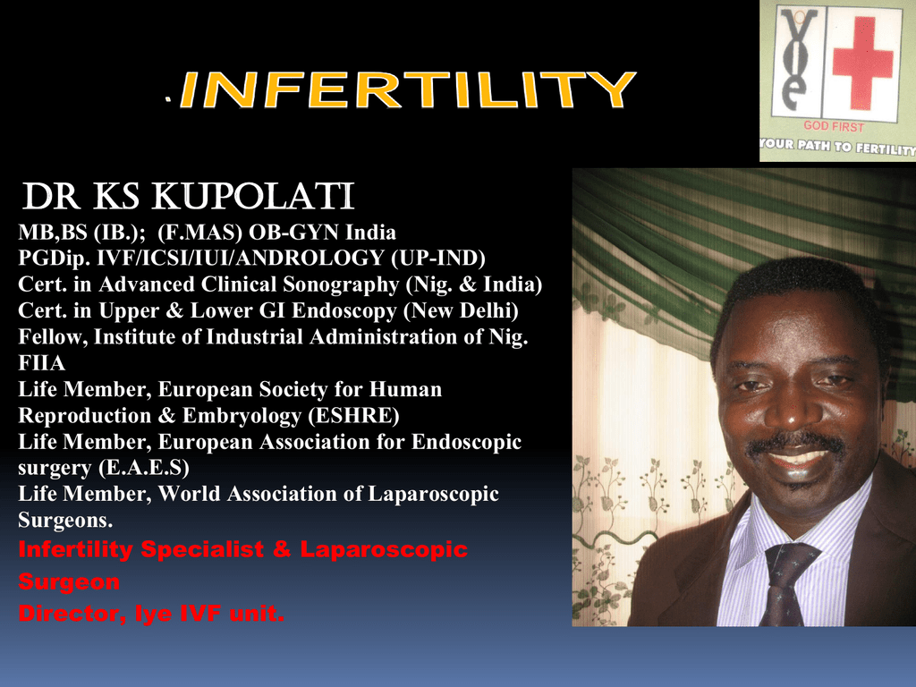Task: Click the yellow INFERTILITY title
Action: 408,90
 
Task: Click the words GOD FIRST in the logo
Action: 834,125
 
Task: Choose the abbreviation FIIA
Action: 41,363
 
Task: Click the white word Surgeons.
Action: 65,520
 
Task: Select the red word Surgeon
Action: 69,581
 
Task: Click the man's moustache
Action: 795,442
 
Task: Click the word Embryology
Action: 242,415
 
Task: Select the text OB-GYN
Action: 293,233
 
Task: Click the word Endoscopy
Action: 344,310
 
